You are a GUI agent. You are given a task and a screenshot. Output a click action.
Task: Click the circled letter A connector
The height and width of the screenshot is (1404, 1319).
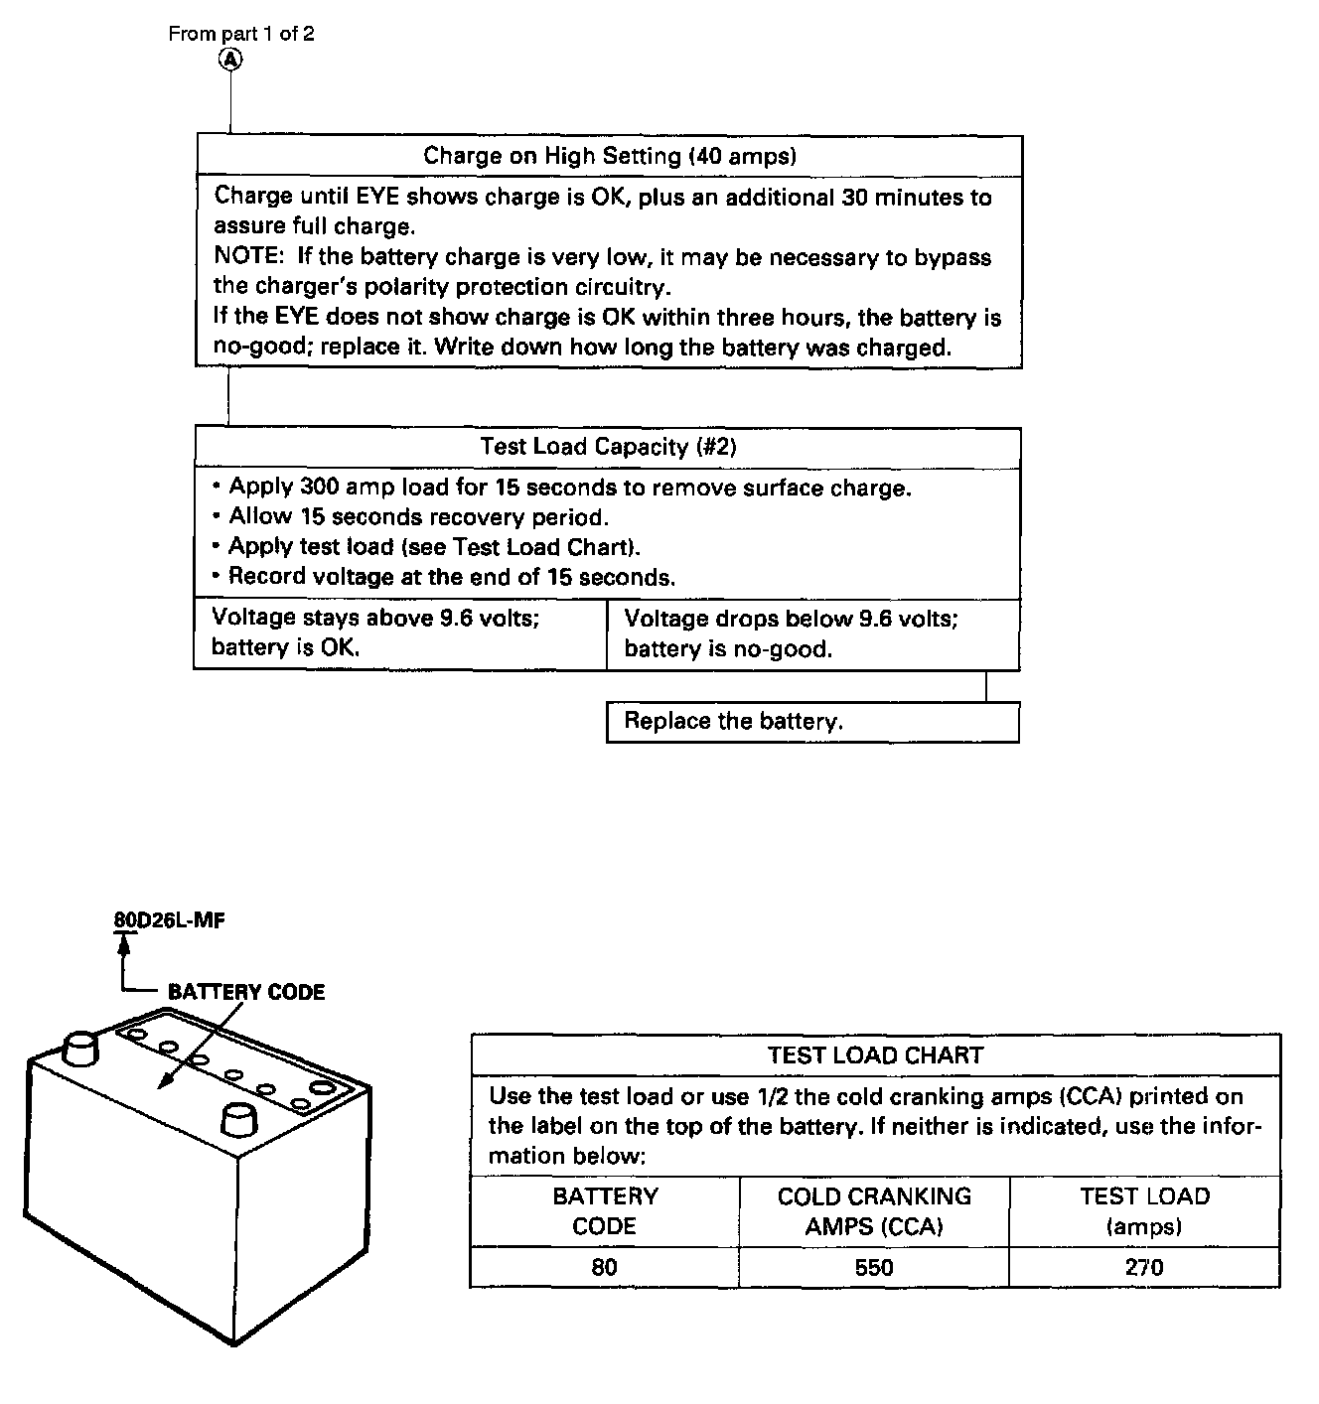coord(230,60)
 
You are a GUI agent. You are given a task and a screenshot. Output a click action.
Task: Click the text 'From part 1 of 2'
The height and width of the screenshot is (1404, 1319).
coord(241,34)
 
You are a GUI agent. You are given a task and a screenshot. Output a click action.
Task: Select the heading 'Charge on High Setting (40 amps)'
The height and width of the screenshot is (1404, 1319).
coord(610,156)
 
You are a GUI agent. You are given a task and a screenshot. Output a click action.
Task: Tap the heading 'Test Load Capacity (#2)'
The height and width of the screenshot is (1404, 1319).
coord(608,447)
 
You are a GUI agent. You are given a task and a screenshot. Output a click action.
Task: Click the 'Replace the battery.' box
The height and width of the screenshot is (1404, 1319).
coord(812,722)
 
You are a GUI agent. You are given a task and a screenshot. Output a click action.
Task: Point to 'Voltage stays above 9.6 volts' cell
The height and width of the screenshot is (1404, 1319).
coord(399,632)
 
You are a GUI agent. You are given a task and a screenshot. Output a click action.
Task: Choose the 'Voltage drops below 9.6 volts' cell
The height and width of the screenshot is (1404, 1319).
coord(812,633)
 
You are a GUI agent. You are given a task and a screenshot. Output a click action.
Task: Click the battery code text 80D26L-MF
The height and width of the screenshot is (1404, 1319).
coord(169,920)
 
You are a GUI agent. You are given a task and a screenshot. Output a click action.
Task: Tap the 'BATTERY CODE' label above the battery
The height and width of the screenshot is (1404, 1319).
coord(246,992)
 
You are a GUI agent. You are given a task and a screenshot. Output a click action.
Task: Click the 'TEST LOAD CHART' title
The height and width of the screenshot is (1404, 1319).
coord(875,1055)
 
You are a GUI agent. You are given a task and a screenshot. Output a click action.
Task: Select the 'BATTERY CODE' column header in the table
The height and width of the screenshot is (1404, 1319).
coord(605,1210)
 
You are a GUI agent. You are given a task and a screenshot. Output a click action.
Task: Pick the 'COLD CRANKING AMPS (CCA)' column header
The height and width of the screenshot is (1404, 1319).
coord(874,1210)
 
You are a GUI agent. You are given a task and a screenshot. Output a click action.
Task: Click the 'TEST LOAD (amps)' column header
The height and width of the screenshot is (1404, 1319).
coord(1144,1210)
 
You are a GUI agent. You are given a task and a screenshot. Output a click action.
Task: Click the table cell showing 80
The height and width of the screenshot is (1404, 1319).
coord(605,1267)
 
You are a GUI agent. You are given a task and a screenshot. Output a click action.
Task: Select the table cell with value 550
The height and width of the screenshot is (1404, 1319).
coord(874,1267)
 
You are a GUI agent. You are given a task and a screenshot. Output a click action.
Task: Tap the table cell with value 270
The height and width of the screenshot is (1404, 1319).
coord(1144,1267)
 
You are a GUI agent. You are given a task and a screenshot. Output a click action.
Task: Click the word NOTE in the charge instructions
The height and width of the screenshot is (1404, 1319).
coord(244,257)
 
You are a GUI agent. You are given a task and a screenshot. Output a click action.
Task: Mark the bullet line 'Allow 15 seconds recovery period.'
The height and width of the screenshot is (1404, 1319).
coord(418,517)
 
